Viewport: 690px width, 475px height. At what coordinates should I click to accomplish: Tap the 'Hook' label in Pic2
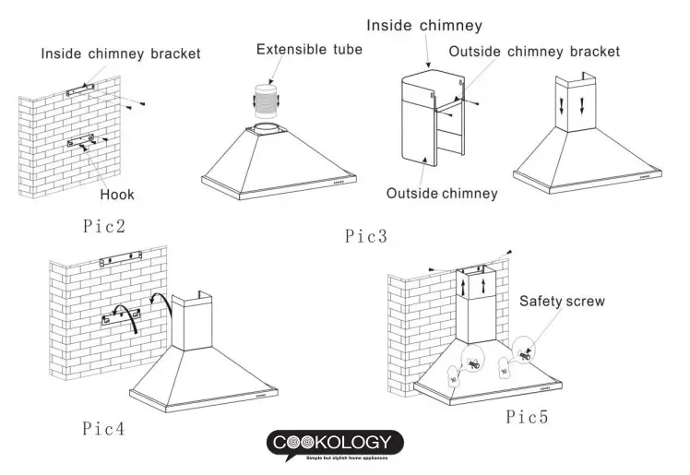[x=117, y=195]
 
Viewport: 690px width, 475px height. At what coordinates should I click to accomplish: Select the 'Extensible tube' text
[x=309, y=49]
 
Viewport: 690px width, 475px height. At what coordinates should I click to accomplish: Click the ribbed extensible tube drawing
[x=266, y=98]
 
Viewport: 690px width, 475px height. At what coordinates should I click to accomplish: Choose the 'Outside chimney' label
[x=442, y=194]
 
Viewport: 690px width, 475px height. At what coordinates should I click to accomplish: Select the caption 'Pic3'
[x=366, y=236]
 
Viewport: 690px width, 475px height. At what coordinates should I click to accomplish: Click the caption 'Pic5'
[x=527, y=418]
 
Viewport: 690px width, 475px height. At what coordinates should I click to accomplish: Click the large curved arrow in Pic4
[x=159, y=311]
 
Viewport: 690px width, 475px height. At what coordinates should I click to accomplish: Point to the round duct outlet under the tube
[x=266, y=126]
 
